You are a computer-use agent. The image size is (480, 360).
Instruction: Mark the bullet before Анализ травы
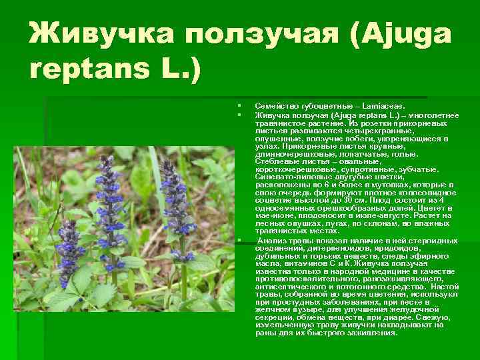(237, 239)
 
